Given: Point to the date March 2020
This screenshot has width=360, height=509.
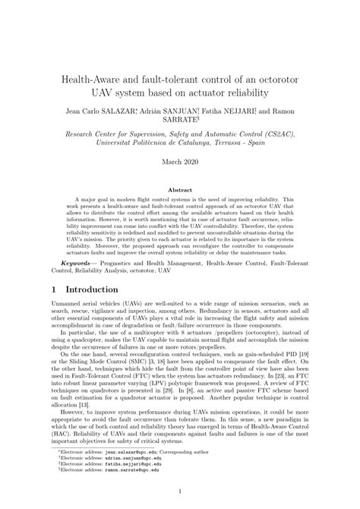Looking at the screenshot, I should pyautogui.click(x=179, y=162).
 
